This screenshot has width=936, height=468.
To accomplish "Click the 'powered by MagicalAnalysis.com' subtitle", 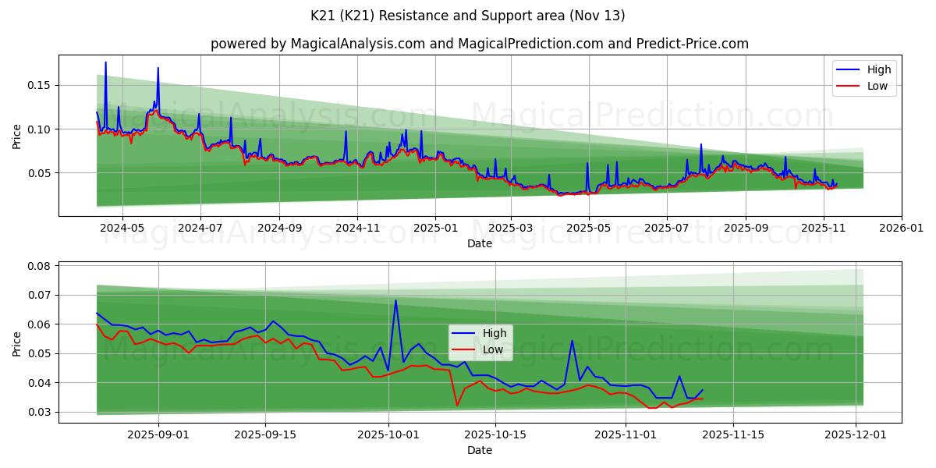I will click(479, 44).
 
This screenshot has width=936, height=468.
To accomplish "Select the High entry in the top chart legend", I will click(879, 69).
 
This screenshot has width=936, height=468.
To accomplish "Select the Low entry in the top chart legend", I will click(877, 86).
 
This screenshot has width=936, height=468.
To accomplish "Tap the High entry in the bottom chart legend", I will click(495, 333).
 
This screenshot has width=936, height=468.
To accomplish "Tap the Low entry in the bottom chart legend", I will click(492, 349).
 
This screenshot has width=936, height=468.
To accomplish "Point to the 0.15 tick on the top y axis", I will click(38, 85).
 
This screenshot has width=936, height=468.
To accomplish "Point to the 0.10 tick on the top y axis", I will click(38, 129).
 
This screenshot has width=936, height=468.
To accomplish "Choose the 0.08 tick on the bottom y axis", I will click(38, 266).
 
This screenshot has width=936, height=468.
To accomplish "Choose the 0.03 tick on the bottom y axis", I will click(38, 412).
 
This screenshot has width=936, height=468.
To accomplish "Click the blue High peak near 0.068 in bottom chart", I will click(395, 300).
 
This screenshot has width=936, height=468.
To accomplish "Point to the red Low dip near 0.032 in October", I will click(457, 405).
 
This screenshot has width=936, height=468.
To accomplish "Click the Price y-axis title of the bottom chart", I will click(17, 342).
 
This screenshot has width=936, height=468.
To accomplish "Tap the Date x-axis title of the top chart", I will click(479, 243).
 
